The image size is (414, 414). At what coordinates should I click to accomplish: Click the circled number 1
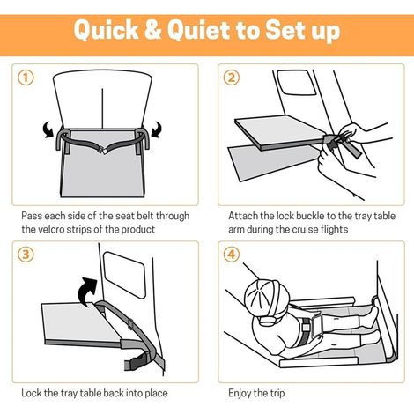click(26, 78)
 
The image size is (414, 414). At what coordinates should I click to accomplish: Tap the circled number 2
click(232, 78)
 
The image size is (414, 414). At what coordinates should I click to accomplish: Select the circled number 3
click(26, 255)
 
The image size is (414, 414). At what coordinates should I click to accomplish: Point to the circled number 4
click(232, 255)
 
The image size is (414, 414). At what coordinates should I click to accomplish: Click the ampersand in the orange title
click(152, 30)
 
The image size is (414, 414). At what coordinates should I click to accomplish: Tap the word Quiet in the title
click(199, 30)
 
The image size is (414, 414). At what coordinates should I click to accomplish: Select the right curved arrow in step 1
click(157, 129)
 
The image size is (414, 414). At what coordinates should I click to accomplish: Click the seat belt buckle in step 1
click(104, 151)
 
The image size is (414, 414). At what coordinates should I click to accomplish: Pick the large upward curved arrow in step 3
click(87, 291)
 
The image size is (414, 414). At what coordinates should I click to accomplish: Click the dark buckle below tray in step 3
click(136, 361)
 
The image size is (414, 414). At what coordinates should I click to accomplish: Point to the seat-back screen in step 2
click(297, 83)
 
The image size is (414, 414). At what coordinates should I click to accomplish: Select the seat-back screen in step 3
click(125, 275)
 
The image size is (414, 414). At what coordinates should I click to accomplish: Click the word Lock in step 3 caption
click(31, 393)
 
